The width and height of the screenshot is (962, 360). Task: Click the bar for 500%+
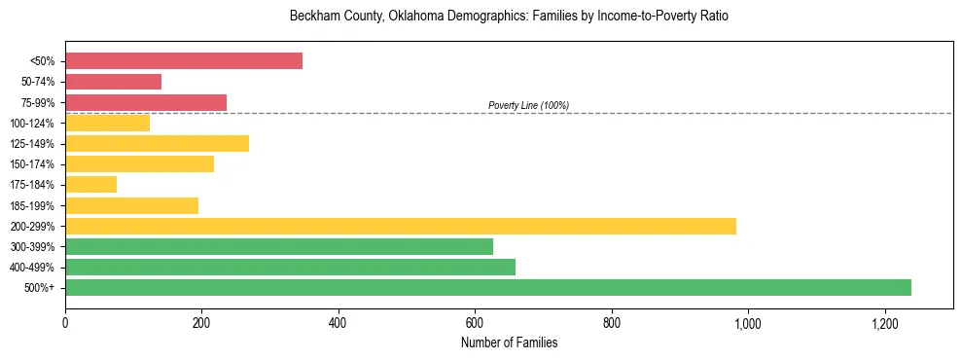[x=488, y=287]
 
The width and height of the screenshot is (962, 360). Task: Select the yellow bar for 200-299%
[x=401, y=226]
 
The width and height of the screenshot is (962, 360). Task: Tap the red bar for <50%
[x=184, y=60]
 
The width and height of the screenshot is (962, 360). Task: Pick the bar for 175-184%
[x=91, y=184]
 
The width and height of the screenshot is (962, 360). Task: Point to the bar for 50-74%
[x=114, y=81]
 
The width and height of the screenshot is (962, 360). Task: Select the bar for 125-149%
[x=158, y=143]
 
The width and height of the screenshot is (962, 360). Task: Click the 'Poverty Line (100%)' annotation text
[x=528, y=105]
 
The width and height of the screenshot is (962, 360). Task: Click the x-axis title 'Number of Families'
[x=509, y=342]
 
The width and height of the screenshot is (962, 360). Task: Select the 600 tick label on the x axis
[x=475, y=323]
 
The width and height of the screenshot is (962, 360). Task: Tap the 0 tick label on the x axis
[x=65, y=323]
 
